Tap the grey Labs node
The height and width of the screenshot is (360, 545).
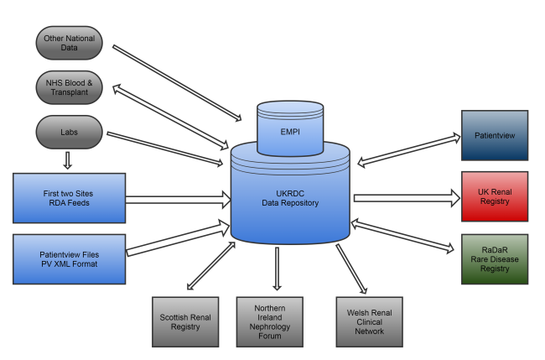(x=70, y=131)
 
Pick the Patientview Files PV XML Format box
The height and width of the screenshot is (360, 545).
(x=70, y=258)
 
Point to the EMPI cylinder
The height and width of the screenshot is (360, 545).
(x=289, y=130)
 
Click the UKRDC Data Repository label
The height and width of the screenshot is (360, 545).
(x=289, y=198)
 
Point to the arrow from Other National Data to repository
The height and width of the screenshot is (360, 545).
(x=172, y=84)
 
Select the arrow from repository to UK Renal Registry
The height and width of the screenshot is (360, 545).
(x=407, y=198)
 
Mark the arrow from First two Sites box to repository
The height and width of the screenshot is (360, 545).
(x=178, y=200)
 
